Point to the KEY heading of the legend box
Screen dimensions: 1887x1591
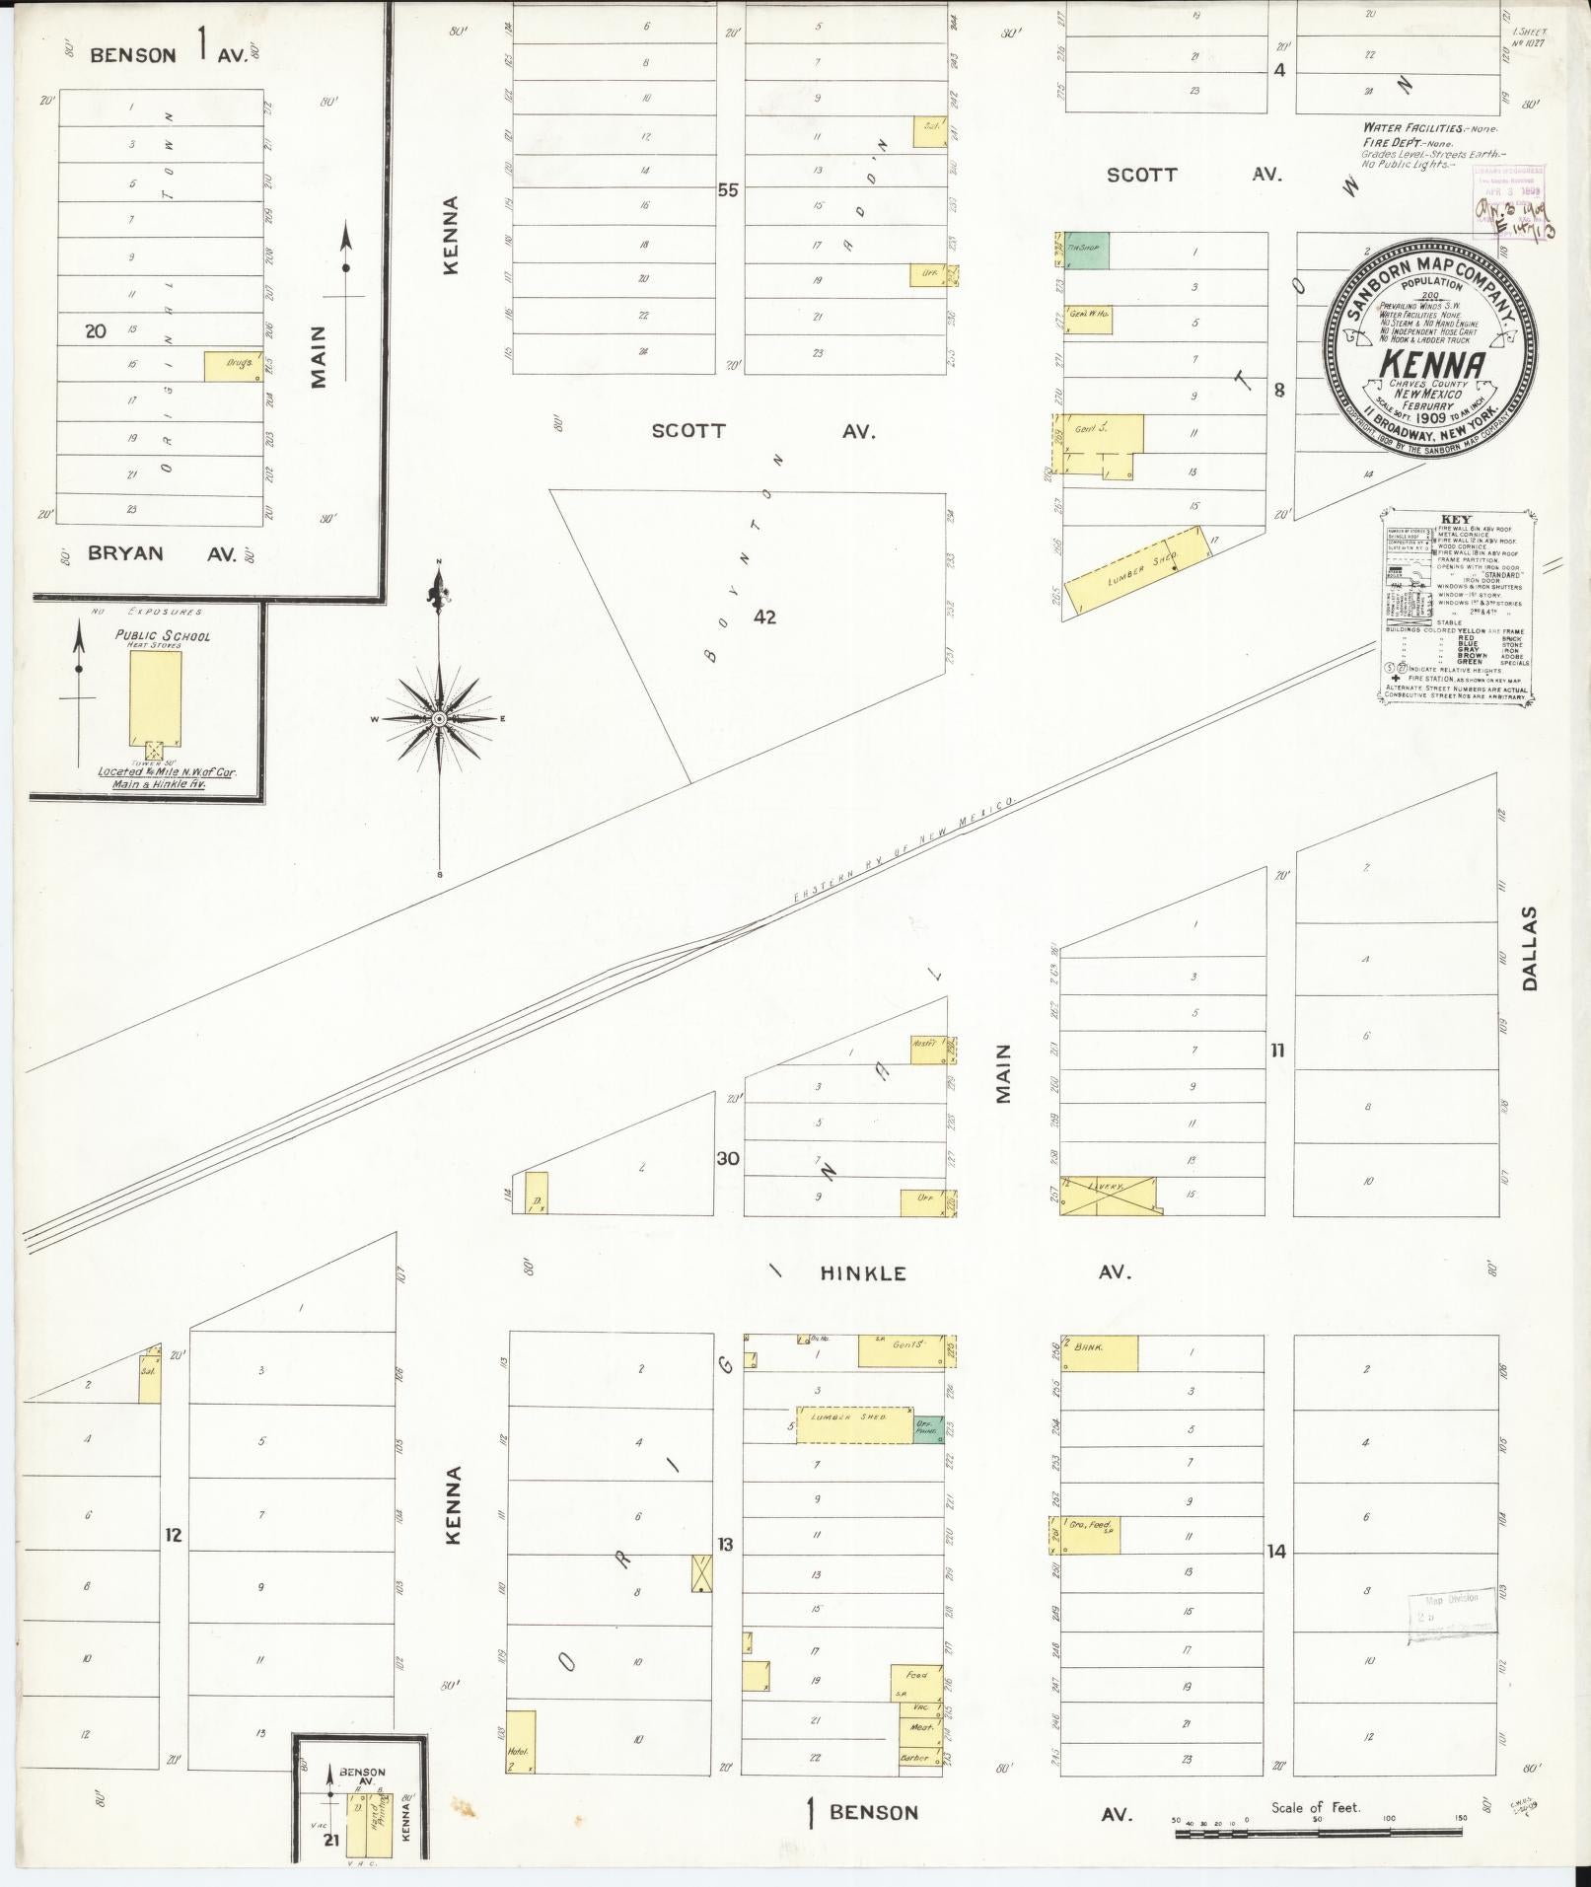(x=1455, y=520)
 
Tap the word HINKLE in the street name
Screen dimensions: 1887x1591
(x=863, y=1273)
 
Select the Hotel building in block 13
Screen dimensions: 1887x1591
(x=521, y=1743)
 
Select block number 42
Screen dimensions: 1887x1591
(x=764, y=617)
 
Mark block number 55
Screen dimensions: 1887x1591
(x=728, y=189)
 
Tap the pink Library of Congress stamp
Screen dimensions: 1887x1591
(x=1509, y=200)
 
